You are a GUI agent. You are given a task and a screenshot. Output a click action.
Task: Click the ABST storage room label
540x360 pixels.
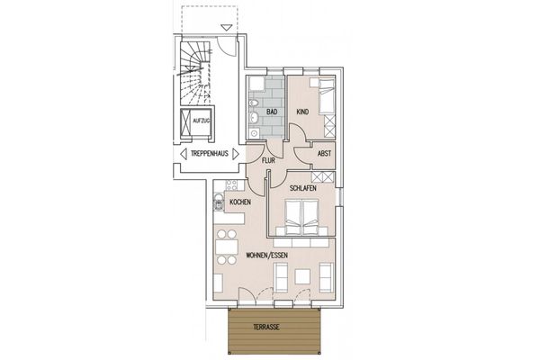pos(324,154)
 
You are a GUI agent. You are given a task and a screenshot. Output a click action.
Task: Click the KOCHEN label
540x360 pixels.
pos(239,203)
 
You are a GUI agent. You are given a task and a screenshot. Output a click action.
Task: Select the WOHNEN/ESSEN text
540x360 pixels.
pos(266,257)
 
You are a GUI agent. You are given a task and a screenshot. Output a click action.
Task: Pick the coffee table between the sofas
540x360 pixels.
pos(303,275)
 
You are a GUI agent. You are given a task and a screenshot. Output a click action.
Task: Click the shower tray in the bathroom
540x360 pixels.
pos(256,87)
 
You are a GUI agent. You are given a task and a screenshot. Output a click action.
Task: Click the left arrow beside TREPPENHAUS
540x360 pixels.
pos(182,155)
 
